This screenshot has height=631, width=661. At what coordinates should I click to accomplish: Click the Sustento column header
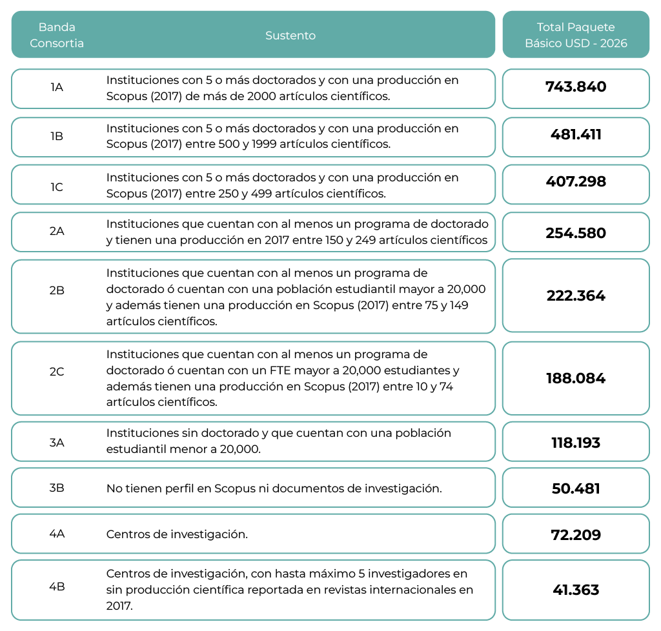[x=290, y=35]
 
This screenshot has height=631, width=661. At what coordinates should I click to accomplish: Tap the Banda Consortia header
[x=57, y=35]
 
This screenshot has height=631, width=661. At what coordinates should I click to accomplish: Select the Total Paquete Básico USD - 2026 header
[x=576, y=35]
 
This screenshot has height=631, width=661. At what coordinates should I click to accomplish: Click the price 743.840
[x=576, y=87]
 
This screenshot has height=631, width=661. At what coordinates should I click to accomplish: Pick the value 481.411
[x=576, y=135]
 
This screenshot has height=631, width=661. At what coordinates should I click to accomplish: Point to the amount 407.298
[x=576, y=182]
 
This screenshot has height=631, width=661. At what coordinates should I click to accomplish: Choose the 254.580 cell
[x=576, y=233]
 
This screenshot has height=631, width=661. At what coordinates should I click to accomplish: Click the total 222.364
[x=576, y=296]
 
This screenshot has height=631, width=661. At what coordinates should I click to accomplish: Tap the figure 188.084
[x=576, y=378]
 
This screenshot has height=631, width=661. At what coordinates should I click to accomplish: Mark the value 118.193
[x=576, y=443]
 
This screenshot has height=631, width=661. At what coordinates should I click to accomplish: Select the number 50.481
[x=576, y=488]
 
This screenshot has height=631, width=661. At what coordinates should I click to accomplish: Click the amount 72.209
[x=576, y=535]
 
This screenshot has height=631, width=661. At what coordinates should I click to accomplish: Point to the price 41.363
[x=576, y=590]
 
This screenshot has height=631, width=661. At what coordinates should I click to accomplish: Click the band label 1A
[x=57, y=87]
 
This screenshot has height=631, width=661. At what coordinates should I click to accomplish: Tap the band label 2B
[x=57, y=290]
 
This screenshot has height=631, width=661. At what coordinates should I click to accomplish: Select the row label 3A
[x=57, y=443]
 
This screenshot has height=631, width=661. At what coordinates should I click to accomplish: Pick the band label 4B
[x=57, y=586]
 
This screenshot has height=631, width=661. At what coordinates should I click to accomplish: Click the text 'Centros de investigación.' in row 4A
[x=177, y=534]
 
